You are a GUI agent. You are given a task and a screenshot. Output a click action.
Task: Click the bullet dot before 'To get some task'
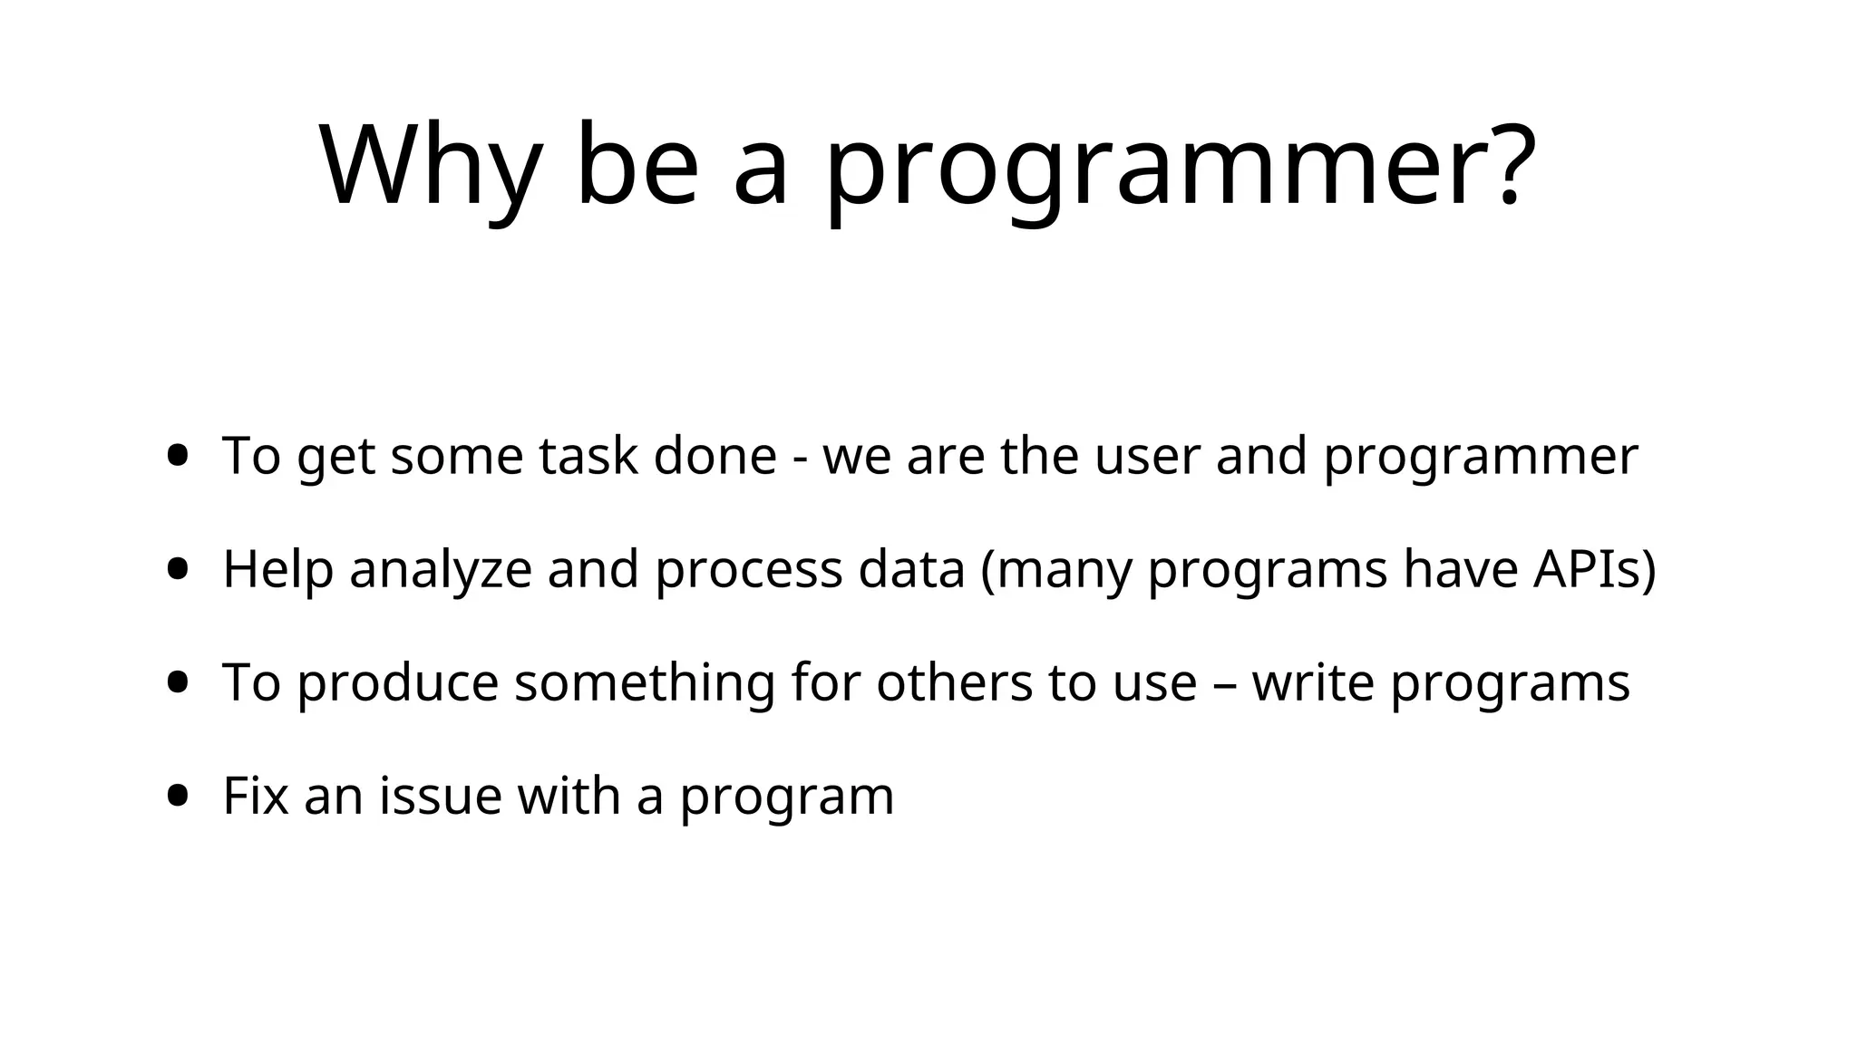point(179,455)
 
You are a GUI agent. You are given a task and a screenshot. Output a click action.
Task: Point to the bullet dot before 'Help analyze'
point(179,569)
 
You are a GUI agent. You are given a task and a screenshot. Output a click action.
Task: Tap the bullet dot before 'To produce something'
point(179,681)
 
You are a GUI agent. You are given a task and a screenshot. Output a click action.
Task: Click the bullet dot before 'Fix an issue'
point(179,796)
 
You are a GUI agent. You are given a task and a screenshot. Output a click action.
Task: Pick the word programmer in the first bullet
point(1480,457)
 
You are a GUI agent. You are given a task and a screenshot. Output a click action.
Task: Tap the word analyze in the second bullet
point(440,571)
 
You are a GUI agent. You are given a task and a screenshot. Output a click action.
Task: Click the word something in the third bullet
point(644,683)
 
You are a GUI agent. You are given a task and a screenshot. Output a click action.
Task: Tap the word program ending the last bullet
point(786,797)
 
